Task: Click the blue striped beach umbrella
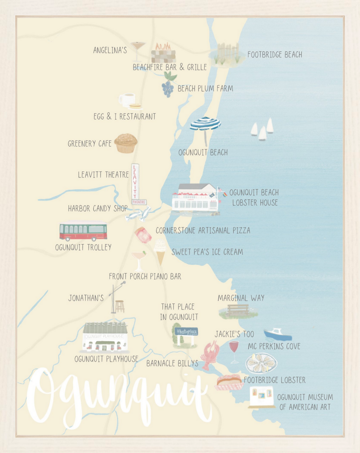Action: [x=205, y=124]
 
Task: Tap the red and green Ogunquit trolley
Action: [x=83, y=231]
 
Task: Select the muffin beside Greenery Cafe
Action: [x=126, y=143]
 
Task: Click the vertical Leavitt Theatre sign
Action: [x=135, y=183]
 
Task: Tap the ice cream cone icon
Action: [x=160, y=251]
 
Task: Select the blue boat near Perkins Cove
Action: [x=277, y=334]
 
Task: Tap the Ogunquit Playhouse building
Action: [x=105, y=337]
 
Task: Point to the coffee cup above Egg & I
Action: [x=127, y=100]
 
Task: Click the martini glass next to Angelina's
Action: [x=138, y=50]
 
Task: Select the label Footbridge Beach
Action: [x=275, y=55]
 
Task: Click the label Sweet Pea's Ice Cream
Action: [x=207, y=252]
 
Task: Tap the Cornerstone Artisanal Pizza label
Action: [x=203, y=230]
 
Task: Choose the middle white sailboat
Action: [x=262, y=134]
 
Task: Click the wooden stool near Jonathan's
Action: [x=120, y=306]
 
